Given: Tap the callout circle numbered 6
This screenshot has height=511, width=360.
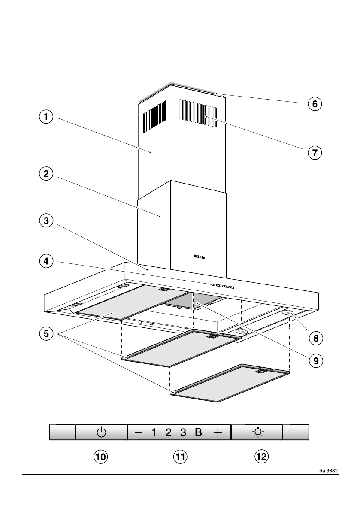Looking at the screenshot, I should (x=315, y=103).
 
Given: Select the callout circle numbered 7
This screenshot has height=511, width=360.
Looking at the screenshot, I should (x=315, y=152).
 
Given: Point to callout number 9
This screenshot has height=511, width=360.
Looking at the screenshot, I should (x=315, y=360).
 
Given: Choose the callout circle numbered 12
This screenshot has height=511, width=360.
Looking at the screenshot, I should (x=261, y=457).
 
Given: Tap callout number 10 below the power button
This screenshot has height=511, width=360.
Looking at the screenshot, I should (x=100, y=457).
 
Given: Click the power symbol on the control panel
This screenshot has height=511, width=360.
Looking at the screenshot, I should (x=101, y=432).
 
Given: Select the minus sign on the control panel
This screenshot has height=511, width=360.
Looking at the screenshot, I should (x=138, y=432).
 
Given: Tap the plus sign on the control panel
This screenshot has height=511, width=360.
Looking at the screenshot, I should (x=218, y=432).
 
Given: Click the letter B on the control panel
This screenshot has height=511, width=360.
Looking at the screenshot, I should (x=198, y=432).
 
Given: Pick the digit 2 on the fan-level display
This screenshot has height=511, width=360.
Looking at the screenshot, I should (x=168, y=432).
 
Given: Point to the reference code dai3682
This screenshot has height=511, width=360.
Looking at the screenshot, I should (x=328, y=470).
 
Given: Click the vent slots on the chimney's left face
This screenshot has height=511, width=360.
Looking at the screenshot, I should (x=154, y=116).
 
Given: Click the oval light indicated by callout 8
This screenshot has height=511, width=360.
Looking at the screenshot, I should (x=288, y=314).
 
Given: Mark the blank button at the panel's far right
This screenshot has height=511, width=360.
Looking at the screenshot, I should (x=296, y=432).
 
